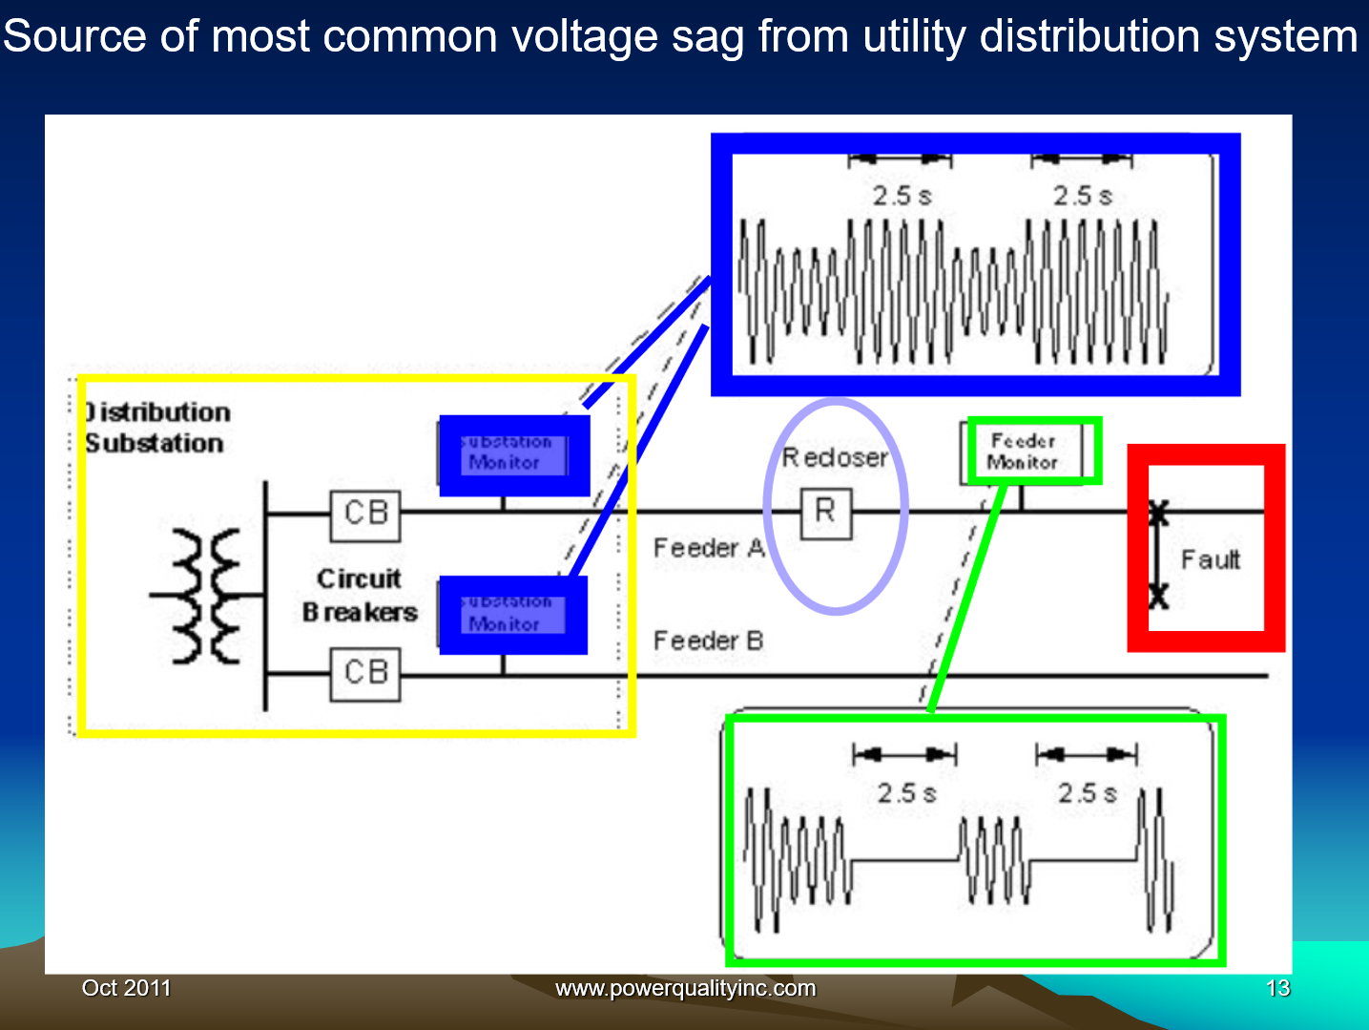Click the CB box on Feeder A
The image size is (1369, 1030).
(x=365, y=515)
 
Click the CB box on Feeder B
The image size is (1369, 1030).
(x=365, y=674)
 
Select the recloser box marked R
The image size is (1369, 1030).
(x=825, y=513)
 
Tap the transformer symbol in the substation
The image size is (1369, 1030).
(x=206, y=596)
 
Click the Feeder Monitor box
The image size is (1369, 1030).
(x=1023, y=452)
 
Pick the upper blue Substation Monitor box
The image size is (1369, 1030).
(x=513, y=455)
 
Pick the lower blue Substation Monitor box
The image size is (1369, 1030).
(x=512, y=615)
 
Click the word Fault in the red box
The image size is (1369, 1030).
(x=1211, y=559)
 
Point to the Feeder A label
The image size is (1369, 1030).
(x=709, y=548)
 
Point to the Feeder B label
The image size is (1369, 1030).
(x=708, y=641)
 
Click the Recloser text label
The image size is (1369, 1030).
(x=835, y=458)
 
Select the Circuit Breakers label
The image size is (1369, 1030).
(x=360, y=595)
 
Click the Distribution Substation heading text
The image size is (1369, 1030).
(x=156, y=428)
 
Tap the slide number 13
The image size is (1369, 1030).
(x=1277, y=988)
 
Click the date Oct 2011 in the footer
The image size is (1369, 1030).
(x=126, y=988)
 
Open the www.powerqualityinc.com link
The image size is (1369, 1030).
(x=685, y=988)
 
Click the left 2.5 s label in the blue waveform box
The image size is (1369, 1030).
(x=902, y=196)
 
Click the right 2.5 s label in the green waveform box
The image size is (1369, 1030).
(x=1087, y=793)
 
